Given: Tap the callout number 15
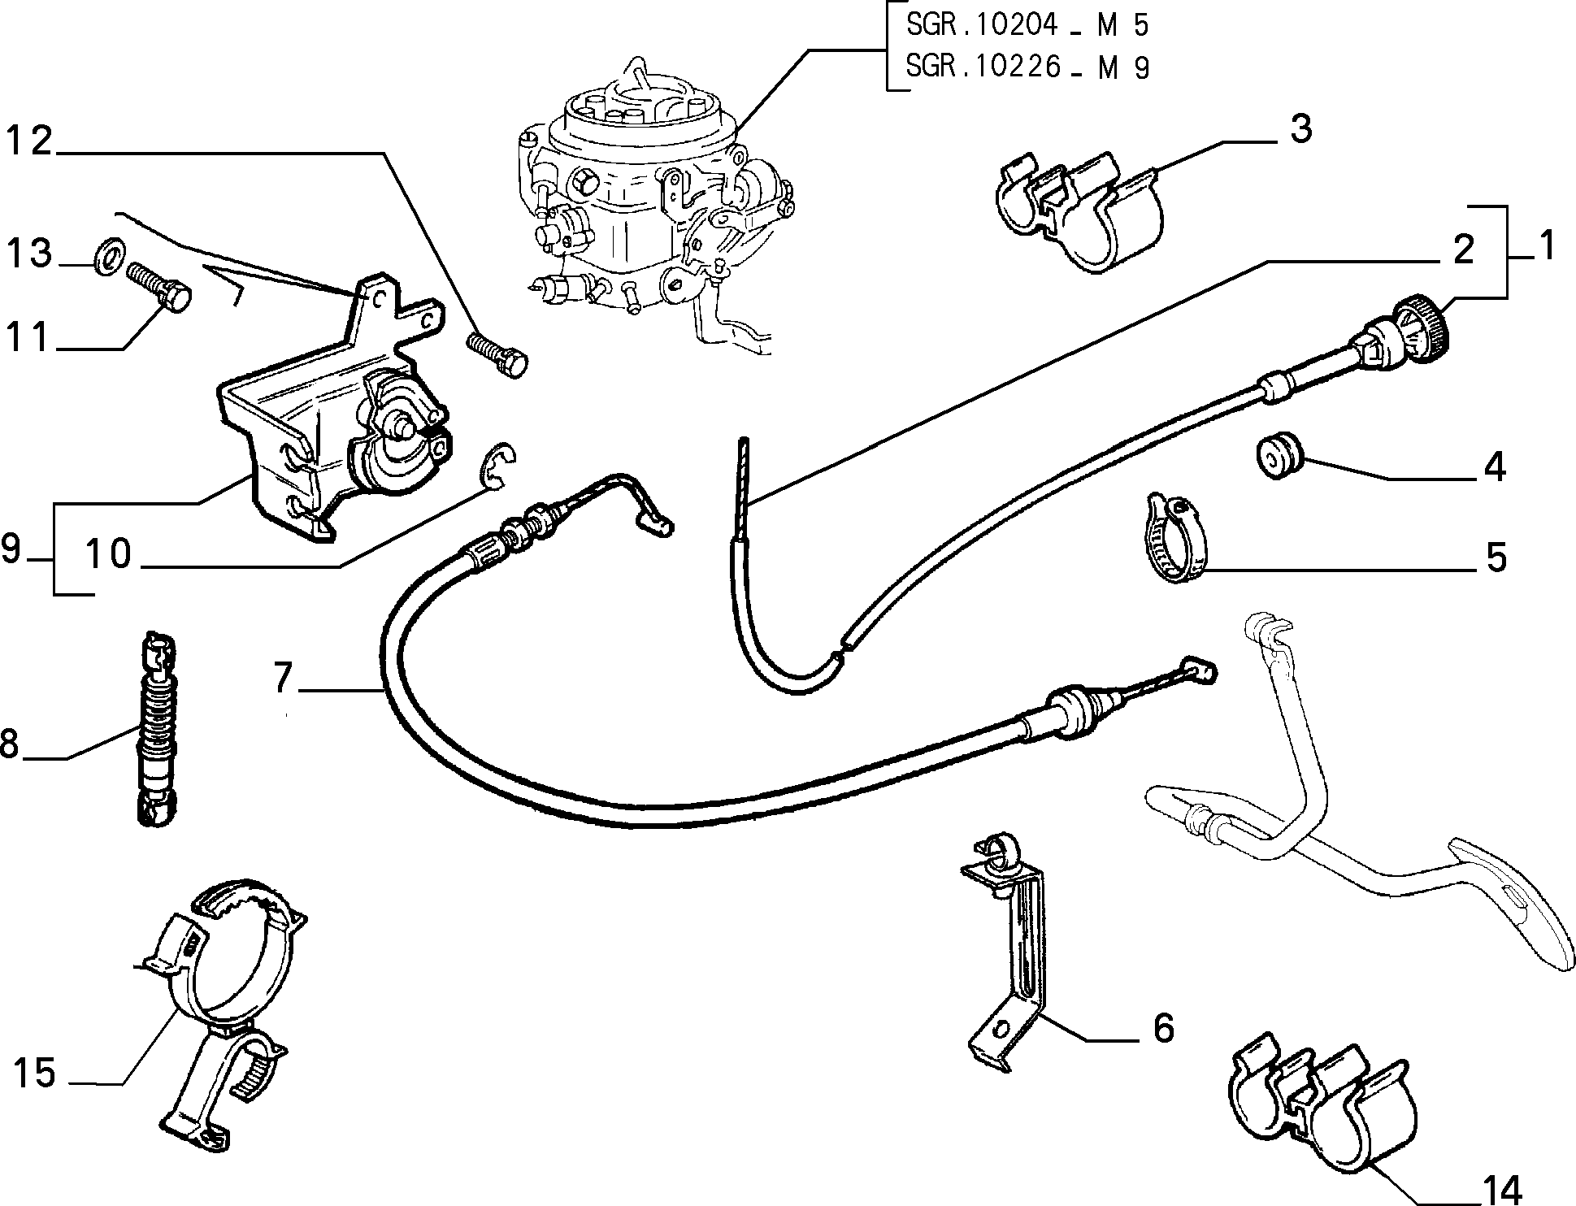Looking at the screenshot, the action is point(35,1074).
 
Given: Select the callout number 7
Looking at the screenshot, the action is point(282,678).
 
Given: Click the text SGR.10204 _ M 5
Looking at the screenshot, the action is point(1028,25).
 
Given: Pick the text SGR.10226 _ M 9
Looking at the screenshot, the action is point(1028,67).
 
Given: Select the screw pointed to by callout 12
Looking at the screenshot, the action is point(497,354).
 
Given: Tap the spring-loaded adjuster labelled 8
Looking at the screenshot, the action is point(158,728).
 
